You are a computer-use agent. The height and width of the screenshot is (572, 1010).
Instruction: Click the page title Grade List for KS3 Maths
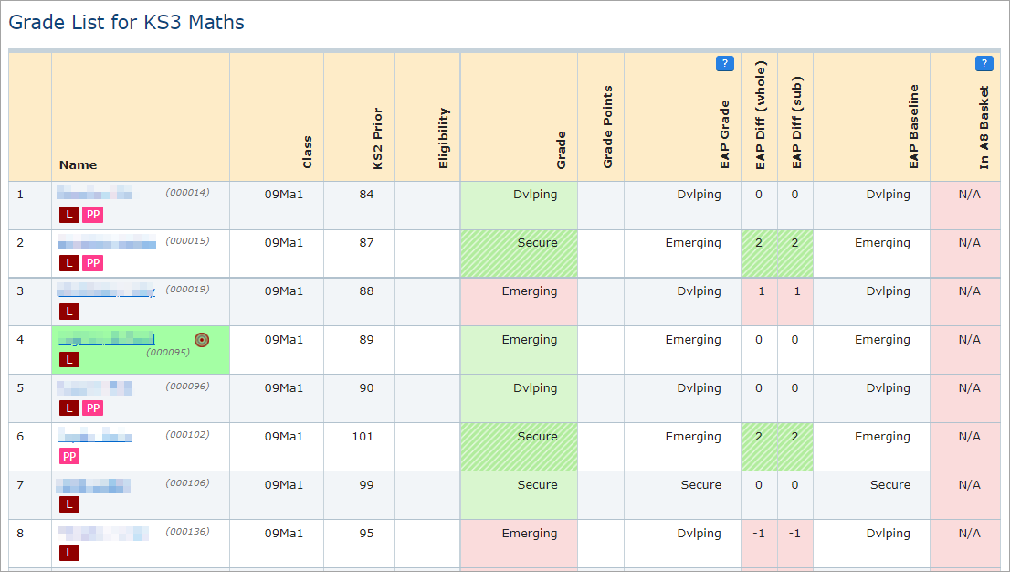[x=127, y=23]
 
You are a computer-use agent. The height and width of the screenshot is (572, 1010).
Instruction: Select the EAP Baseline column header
[x=913, y=127]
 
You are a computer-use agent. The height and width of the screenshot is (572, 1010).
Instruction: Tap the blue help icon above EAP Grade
[x=725, y=64]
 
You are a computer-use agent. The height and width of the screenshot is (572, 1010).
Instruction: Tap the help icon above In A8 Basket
[x=984, y=64]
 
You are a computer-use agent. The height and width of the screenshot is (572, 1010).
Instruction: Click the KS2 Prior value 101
[x=363, y=437]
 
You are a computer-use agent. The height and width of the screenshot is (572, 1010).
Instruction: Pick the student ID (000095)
[x=167, y=353]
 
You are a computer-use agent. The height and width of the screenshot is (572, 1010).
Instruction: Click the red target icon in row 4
[x=202, y=340]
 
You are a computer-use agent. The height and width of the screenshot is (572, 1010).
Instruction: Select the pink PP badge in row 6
[x=69, y=456]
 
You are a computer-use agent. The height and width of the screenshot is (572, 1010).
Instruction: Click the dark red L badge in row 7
[x=69, y=504]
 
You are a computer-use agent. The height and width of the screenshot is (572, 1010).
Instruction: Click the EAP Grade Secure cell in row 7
[x=700, y=485]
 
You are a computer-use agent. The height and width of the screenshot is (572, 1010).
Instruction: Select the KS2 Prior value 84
[x=366, y=195]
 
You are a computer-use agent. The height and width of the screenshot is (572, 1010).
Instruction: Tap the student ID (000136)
[x=188, y=532]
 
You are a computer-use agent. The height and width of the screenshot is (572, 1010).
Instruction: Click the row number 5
[x=21, y=388]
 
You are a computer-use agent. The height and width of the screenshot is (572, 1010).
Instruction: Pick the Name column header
[x=78, y=165]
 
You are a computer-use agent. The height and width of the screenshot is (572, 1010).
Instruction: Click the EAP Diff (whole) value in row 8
[x=759, y=534]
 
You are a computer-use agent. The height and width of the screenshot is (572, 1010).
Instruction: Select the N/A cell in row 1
[x=969, y=195]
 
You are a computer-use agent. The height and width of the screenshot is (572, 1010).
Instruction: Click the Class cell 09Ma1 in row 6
[x=283, y=437]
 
